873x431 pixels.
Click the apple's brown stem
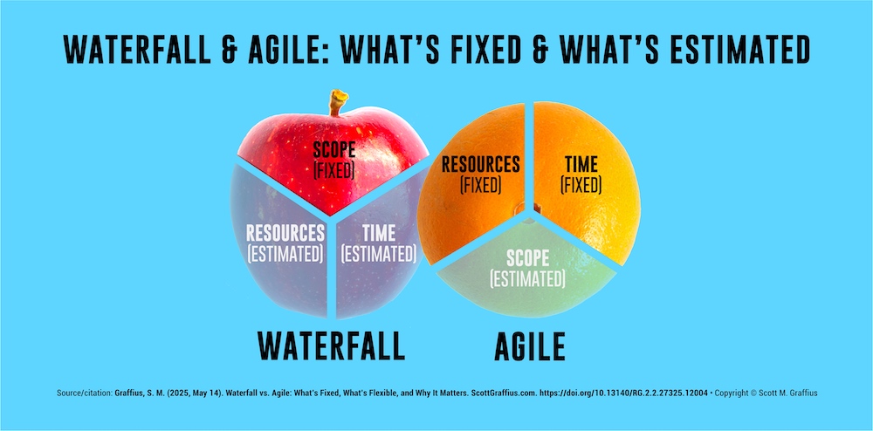(337, 103)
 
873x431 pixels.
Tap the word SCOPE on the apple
(334, 150)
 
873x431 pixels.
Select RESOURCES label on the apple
(285, 233)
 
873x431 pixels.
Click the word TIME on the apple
(377, 233)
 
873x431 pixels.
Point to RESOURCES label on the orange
(480, 164)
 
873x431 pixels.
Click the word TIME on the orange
(581, 164)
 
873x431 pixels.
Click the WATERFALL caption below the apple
(331, 346)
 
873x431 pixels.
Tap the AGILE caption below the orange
(529, 346)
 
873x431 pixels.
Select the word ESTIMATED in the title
(729, 51)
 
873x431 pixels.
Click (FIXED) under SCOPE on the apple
(334, 169)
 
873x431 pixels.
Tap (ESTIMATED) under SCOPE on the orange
(527, 279)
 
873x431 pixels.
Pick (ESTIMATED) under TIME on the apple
(377, 253)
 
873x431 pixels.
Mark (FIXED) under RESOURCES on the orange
(480, 184)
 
